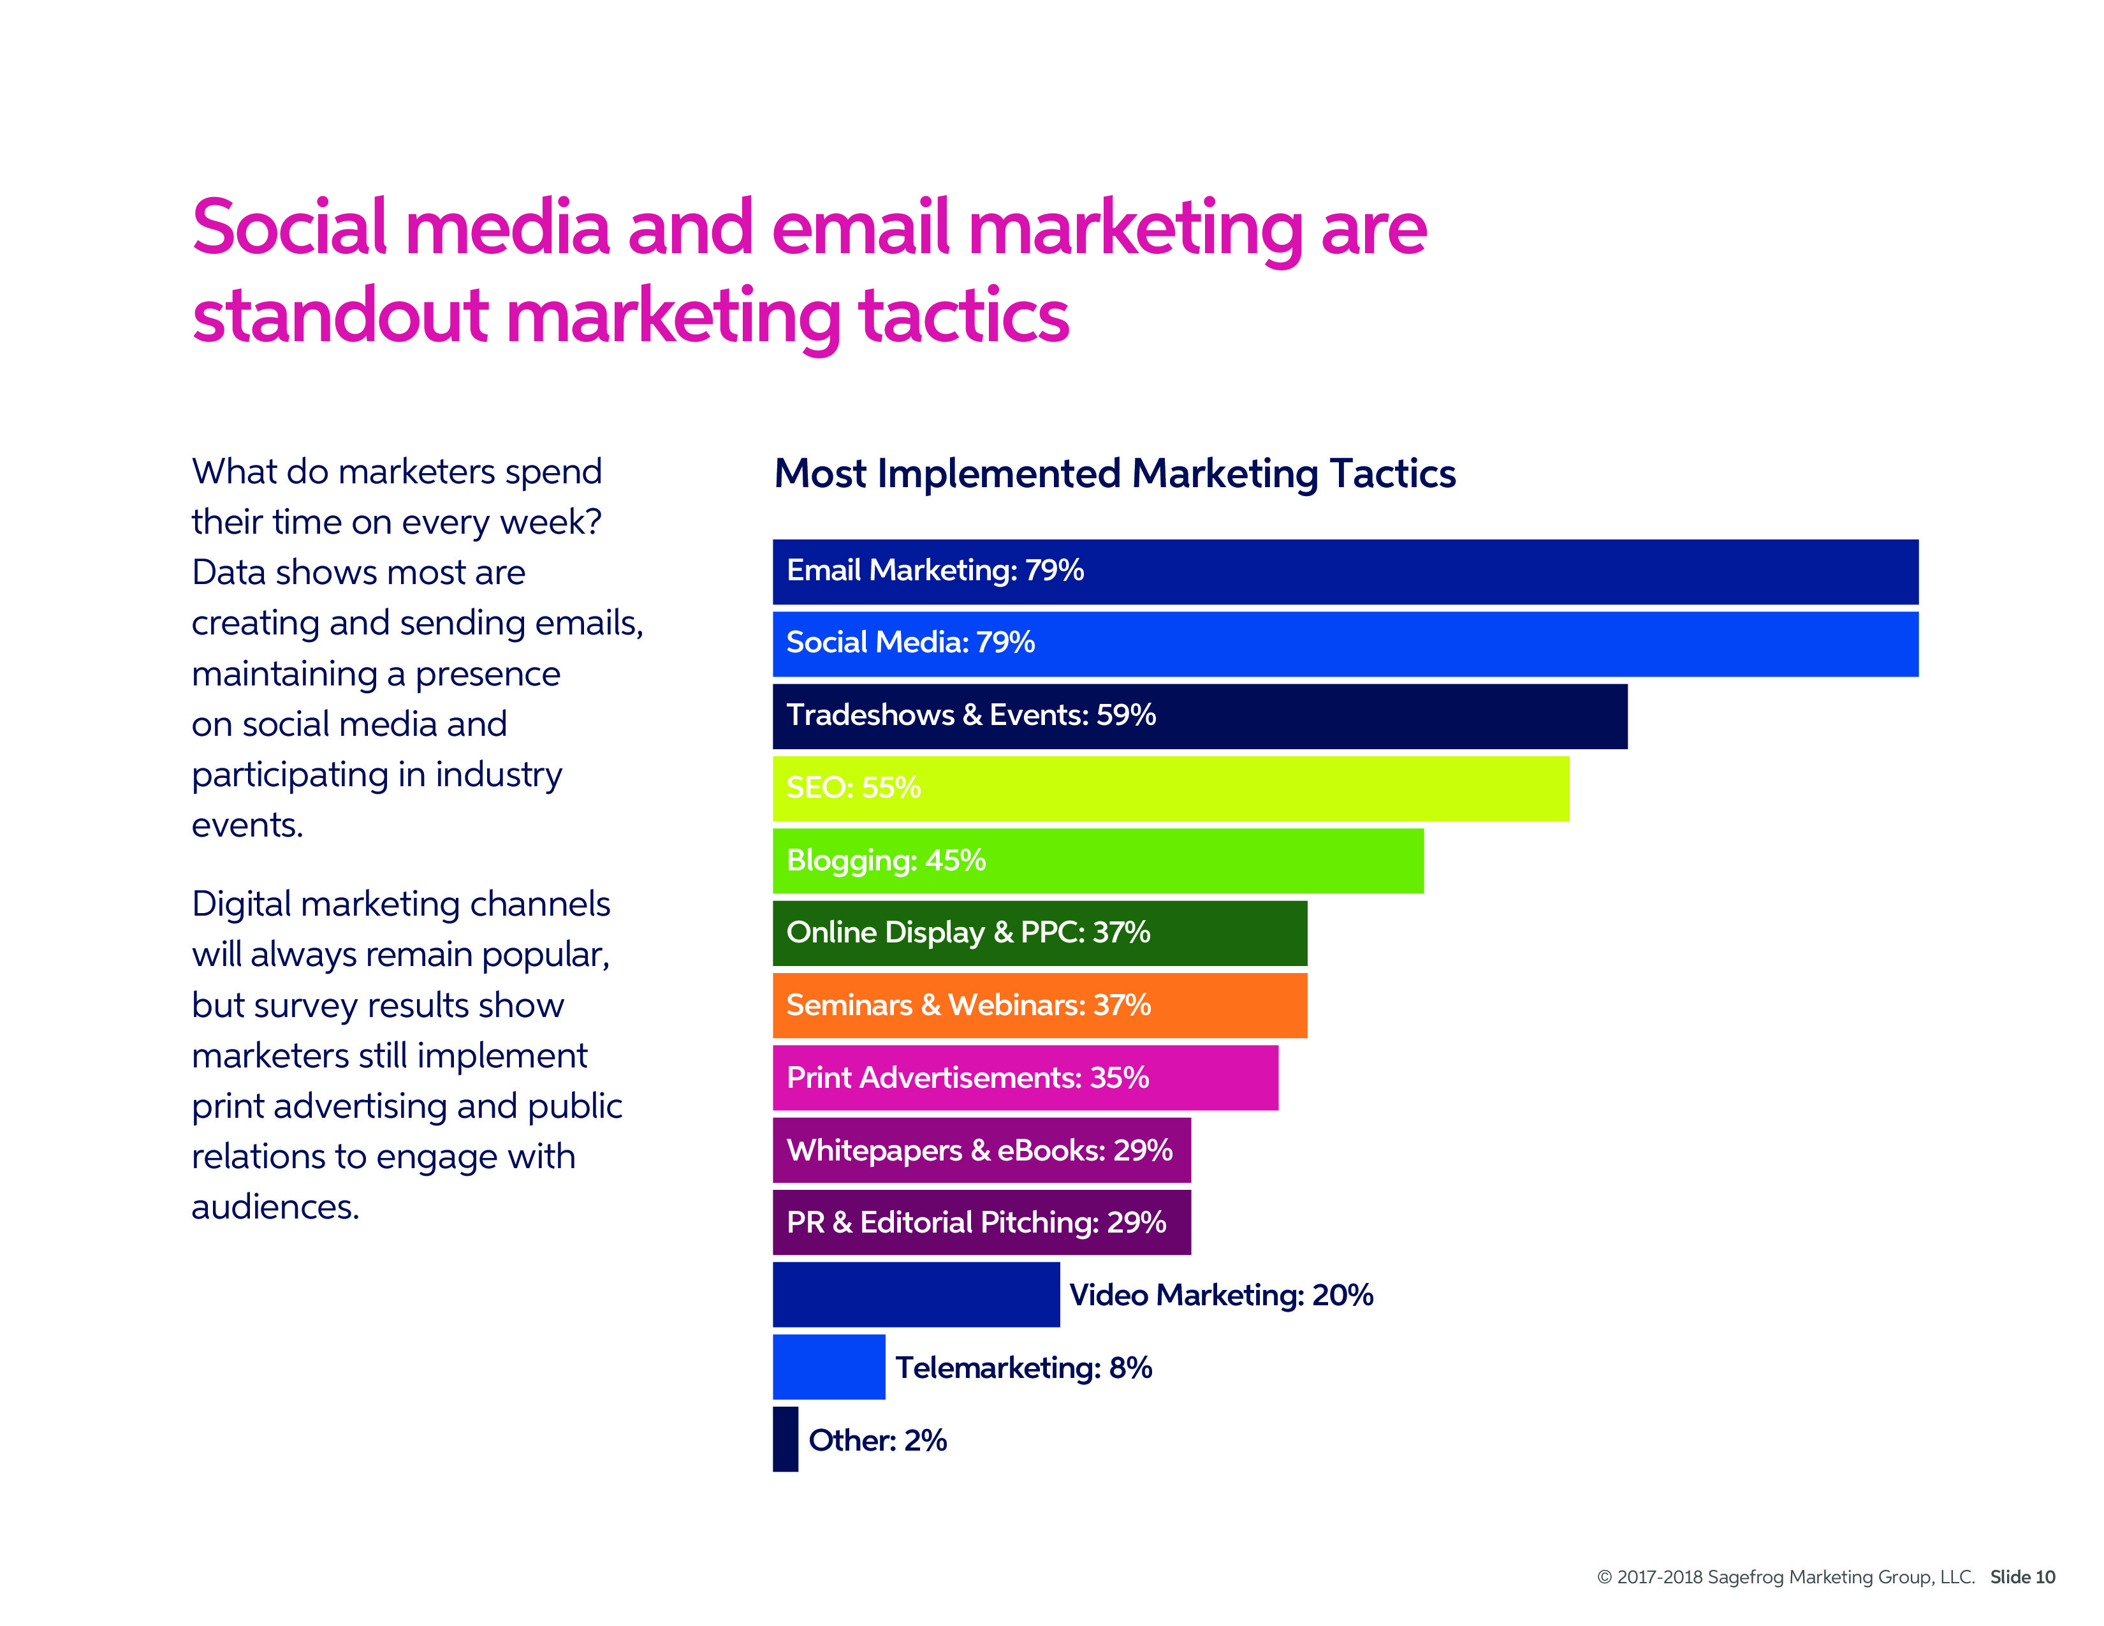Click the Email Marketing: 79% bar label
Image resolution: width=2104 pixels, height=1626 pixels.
tap(935, 570)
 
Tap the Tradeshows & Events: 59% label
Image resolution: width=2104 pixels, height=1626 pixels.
tap(970, 715)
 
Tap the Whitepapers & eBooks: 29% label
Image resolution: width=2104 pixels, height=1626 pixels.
tap(979, 1150)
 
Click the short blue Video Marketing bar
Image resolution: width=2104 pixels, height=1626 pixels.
tap(915, 1294)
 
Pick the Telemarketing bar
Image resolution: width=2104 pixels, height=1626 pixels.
tap(828, 1367)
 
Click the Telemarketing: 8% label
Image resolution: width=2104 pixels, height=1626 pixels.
tap(1023, 1368)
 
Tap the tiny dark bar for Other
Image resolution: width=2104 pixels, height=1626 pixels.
tap(785, 1439)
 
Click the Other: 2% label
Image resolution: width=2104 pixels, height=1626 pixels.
tap(877, 1440)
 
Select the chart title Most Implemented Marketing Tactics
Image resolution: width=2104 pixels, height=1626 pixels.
tap(1114, 474)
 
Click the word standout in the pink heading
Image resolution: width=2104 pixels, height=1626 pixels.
tap(340, 316)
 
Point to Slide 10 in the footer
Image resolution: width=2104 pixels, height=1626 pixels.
tap(2022, 1577)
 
